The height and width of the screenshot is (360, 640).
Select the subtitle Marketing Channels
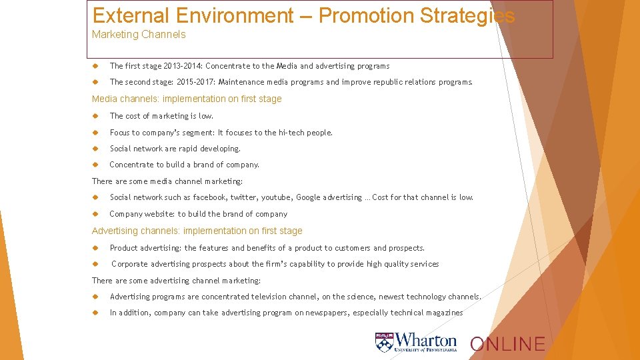pyautogui.click(x=139, y=35)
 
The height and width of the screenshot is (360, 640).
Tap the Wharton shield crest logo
pyautogui.click(x=384, y=342)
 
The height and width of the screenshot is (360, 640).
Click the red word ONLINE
pyautogui.click(x=507, y=344)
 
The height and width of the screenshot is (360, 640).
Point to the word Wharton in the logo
pyautogui.click(x=427, y=340)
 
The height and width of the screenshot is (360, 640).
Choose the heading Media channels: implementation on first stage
pyautogui.click(x=187, y=99)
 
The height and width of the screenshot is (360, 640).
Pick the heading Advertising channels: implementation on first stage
pyautogui.click(x=197, y=231)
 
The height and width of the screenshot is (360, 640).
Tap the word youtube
pyautogui.click(x=276, y=197)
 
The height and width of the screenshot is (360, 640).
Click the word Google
pyautogui.click(x=308, y=197)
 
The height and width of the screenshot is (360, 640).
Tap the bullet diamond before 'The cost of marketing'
pyautogui.click(x=96, y=116)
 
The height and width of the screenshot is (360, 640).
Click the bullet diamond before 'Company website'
pyautogui.click(x=96, y=214)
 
